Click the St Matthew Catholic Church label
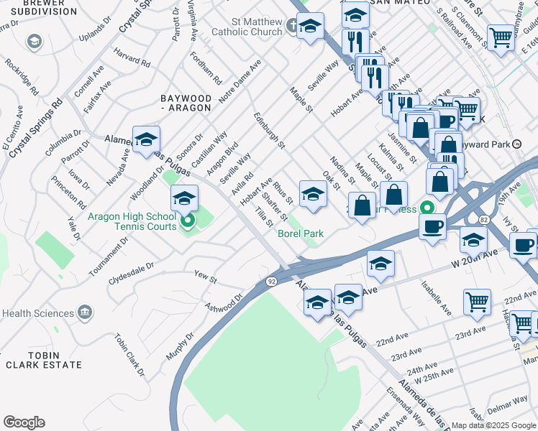(247, 27)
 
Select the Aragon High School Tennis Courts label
(132, 221)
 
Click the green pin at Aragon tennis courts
(187, 221)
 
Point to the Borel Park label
(301, 233)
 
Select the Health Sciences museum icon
(85, 313)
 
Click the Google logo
(24, 422)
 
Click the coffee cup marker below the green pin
(432, 226)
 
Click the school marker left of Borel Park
(313, 194)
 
